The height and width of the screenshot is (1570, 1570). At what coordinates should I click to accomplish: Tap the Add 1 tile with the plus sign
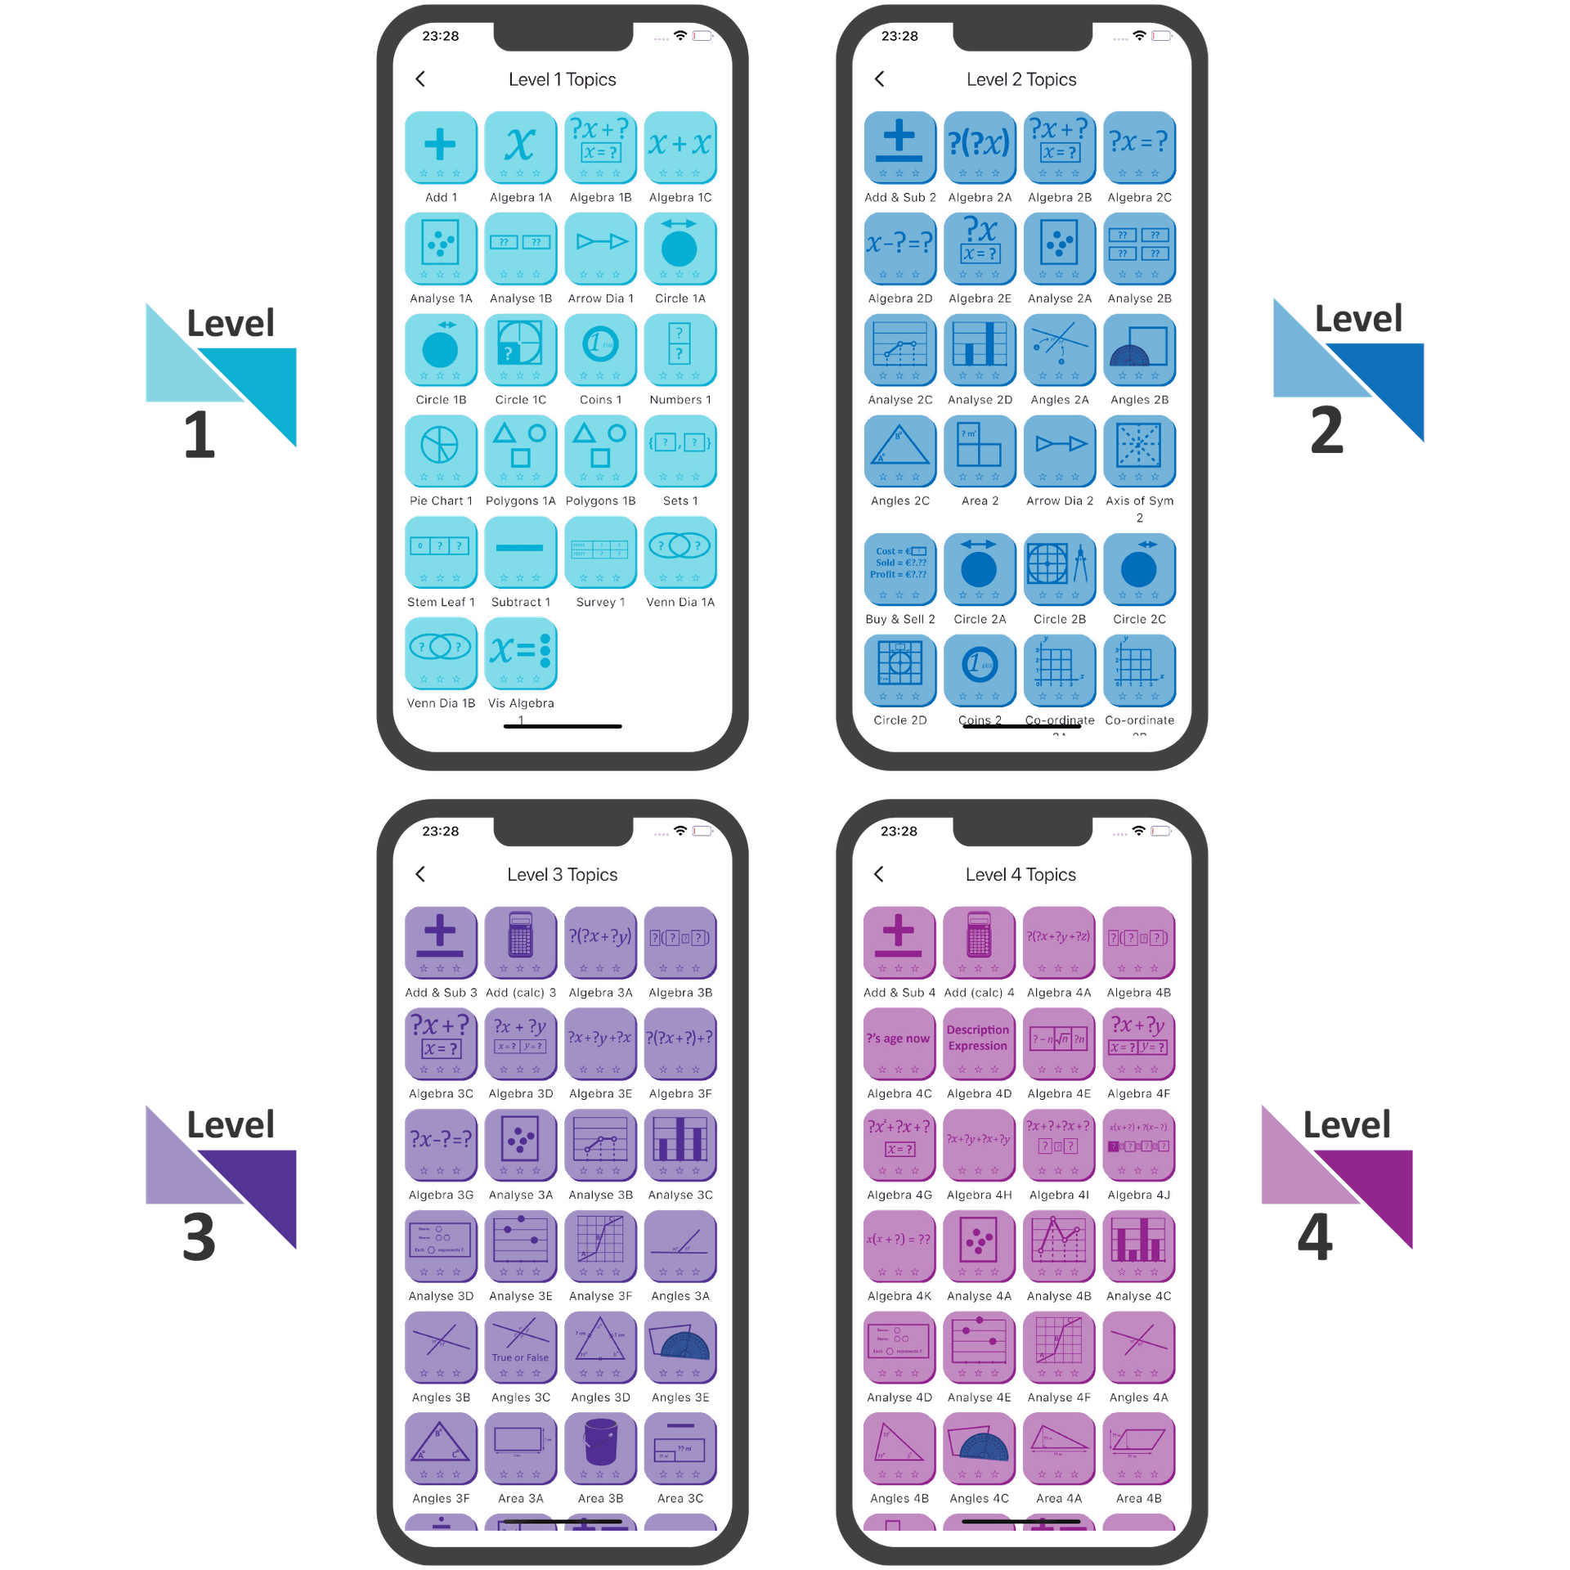pos(440,147)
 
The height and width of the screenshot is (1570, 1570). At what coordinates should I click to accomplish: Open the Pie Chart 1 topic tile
pos(440,451)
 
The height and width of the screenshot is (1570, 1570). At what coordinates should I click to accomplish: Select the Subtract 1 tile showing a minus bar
pos(520,551)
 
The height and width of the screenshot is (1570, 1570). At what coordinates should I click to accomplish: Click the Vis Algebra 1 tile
pos(520,653)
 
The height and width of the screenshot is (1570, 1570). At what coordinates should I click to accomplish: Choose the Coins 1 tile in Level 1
pos(600,349)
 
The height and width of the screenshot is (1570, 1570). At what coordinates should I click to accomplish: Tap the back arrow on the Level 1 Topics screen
pos(421,79)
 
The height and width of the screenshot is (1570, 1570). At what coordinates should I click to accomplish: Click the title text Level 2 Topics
pos(1021,79)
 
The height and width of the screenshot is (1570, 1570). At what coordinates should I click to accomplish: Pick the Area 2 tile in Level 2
pos(979,451)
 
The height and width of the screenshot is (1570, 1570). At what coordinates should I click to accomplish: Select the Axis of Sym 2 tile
pos(1139,451)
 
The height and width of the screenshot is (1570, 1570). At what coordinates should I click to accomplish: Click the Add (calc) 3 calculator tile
pos(520,941)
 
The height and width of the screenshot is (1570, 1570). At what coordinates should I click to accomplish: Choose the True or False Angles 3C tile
pos(520,1347)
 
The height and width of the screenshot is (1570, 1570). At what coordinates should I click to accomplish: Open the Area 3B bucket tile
pos(600,1448)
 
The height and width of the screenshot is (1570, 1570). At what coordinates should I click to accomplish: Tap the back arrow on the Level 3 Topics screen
pos(421,874)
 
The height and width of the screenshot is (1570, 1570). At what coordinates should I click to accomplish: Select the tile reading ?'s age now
pos(899,1043)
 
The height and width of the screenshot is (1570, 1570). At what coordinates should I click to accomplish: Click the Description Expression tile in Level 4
pos(979,1043)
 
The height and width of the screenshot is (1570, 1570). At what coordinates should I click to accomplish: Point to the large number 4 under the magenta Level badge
pos(1316,1237)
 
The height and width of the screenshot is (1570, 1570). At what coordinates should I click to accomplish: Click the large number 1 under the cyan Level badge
pos(199,435)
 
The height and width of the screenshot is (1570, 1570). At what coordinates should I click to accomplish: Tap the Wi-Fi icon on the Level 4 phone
pos(1138,831)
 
